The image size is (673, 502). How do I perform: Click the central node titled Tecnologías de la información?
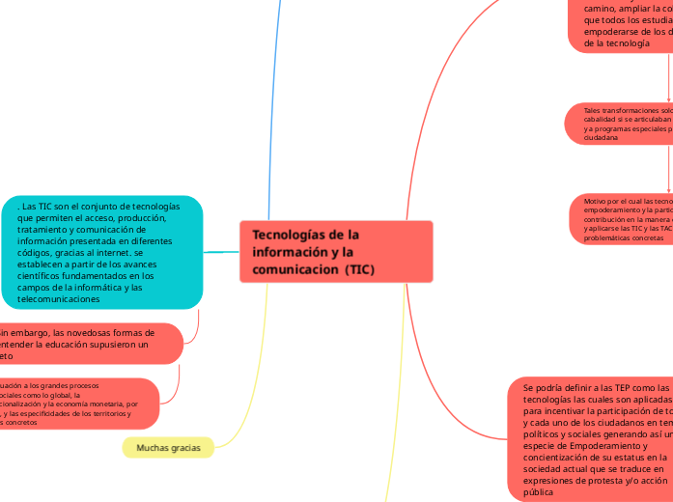(x=335, y=251)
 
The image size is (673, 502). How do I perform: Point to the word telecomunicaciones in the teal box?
(x=59, y=299)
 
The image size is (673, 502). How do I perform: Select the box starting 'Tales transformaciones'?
(x=619, y=124)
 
